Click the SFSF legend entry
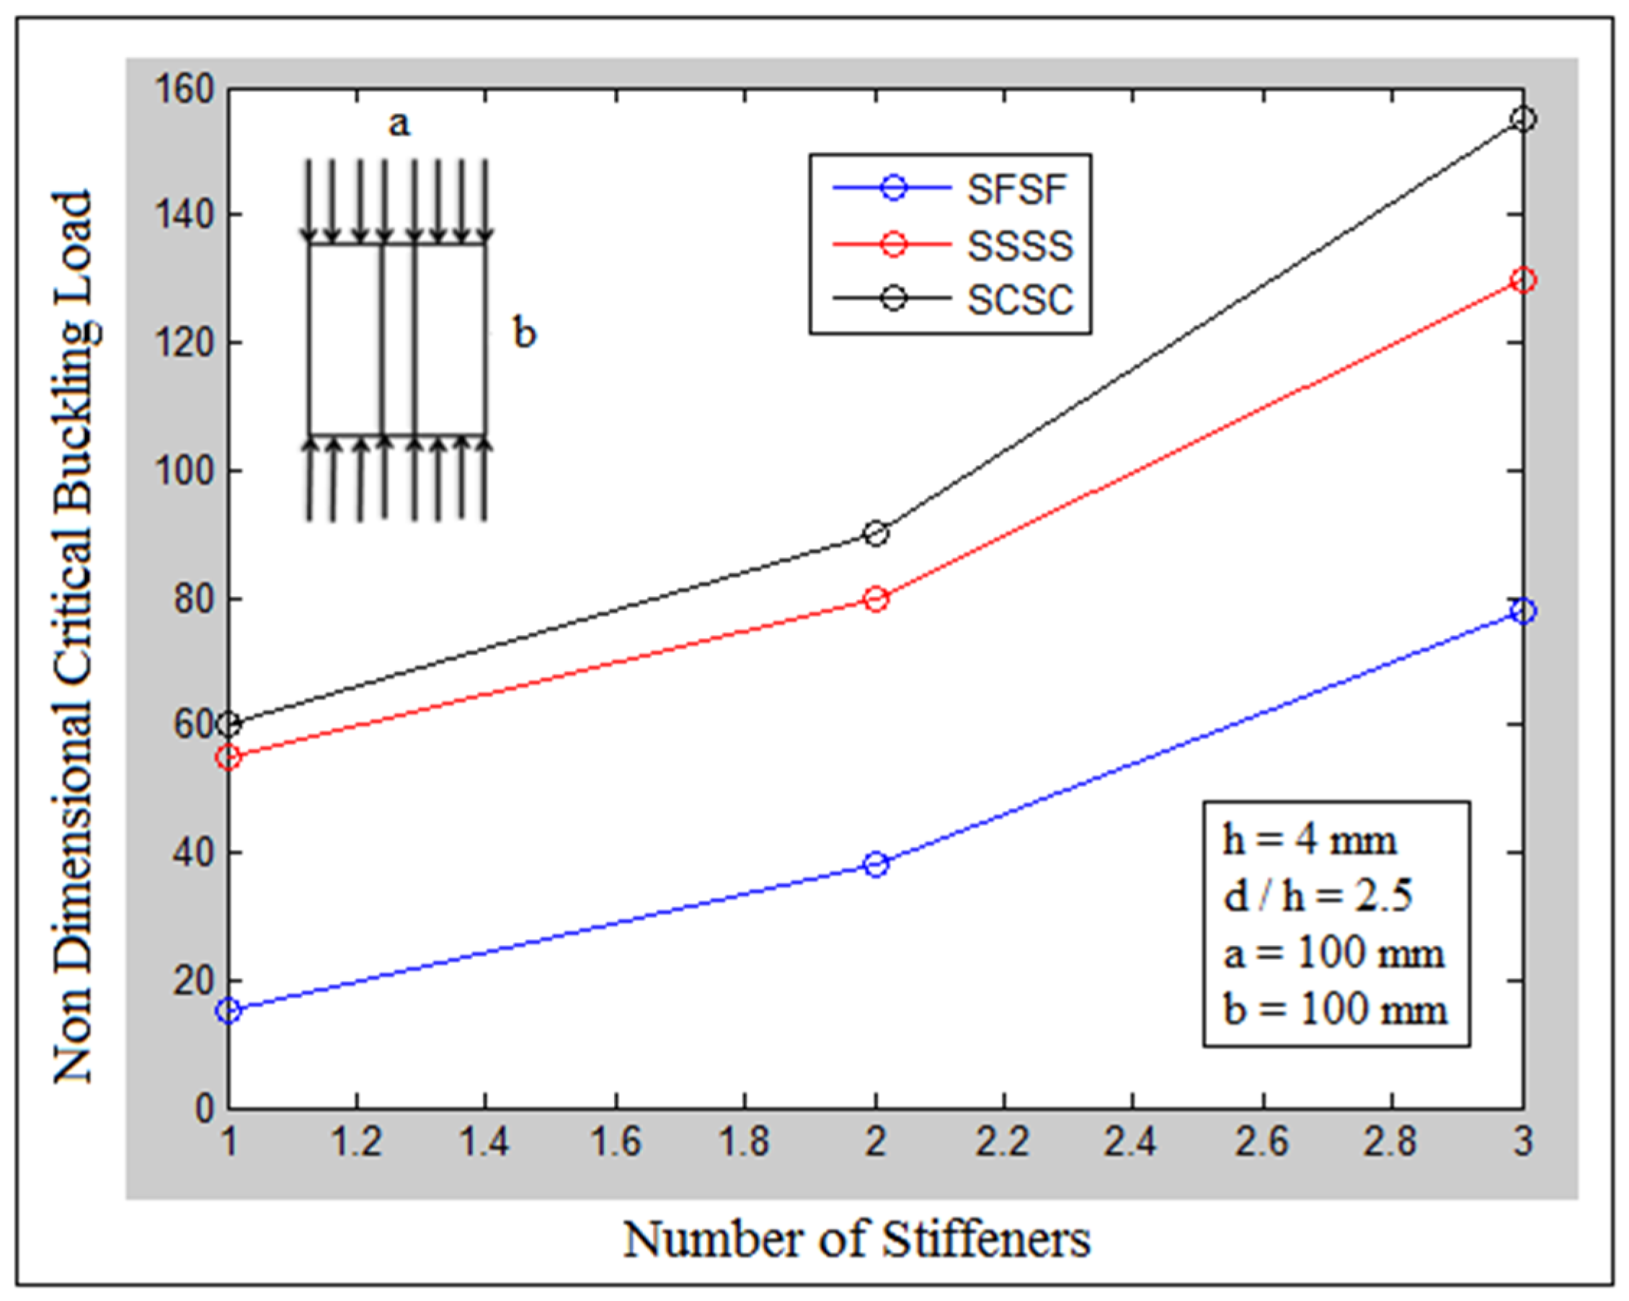[1017, 189]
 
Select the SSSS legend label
[1020, 245]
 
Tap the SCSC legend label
[1020, 299]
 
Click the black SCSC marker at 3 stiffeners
[1523, 120]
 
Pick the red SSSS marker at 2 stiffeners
[876, 600]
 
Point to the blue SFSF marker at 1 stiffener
[229, 1011]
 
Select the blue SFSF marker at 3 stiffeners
[1523, 611]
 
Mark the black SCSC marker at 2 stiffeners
[876, 534]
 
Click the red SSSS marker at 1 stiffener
[229, 758]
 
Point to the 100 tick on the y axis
[184, 471]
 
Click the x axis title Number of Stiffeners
[857, 1239]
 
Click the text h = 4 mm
[1310, 840]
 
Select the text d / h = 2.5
[1317, 897]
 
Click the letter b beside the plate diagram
[524, 332]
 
